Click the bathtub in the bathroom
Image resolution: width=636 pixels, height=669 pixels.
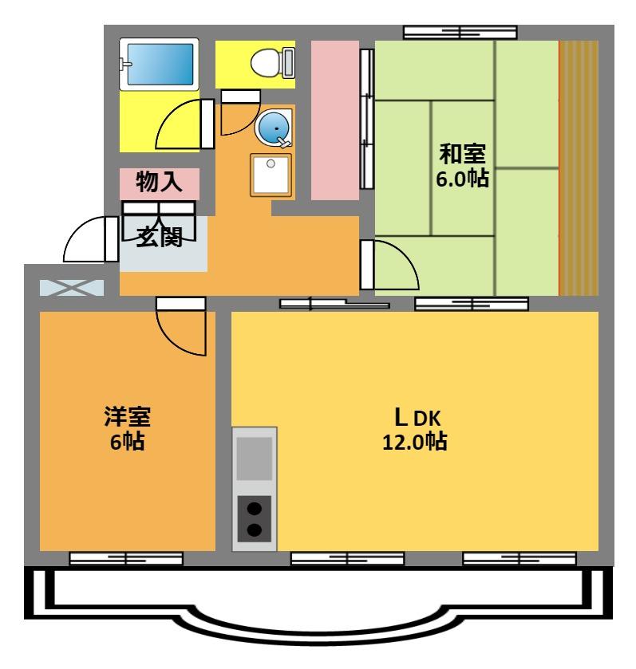159,66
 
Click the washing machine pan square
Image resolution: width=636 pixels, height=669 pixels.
271,175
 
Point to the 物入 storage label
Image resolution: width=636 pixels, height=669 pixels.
158,183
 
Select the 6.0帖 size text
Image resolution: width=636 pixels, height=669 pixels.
462,178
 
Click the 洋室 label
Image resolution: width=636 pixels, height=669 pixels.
128,415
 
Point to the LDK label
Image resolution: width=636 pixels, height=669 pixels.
414,416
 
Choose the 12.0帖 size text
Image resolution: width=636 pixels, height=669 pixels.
414,441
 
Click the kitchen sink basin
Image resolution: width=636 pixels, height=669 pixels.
255,458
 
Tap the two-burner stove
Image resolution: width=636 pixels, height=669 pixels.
255,518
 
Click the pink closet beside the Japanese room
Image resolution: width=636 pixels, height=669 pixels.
334,120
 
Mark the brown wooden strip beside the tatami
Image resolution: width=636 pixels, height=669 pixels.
579,167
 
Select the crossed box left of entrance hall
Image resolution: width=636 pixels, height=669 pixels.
71,286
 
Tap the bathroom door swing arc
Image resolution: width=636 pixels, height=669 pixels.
180,126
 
